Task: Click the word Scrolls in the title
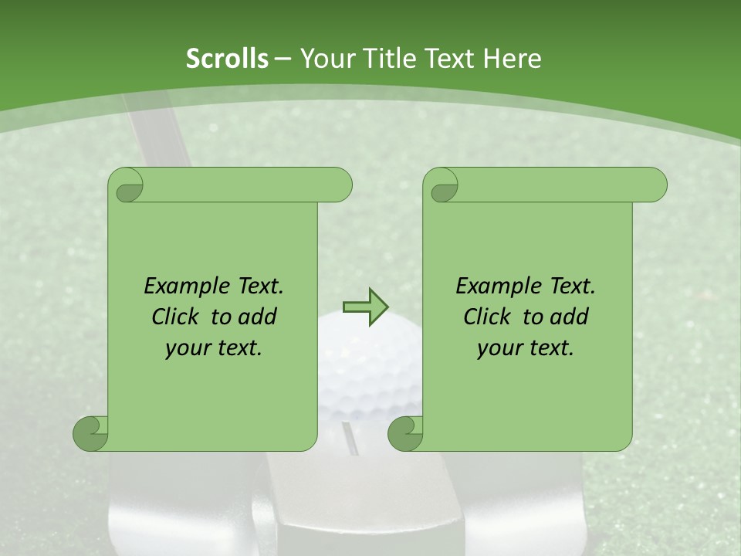click(x=228, y=59)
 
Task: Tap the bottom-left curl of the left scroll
click(x=91, y=433)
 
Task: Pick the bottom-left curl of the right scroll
click(x=405, y=433)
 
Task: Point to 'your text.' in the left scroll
click(x=214, y=348)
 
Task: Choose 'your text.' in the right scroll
click(x=526, y=348)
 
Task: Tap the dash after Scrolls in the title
click(x=283, y=59)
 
